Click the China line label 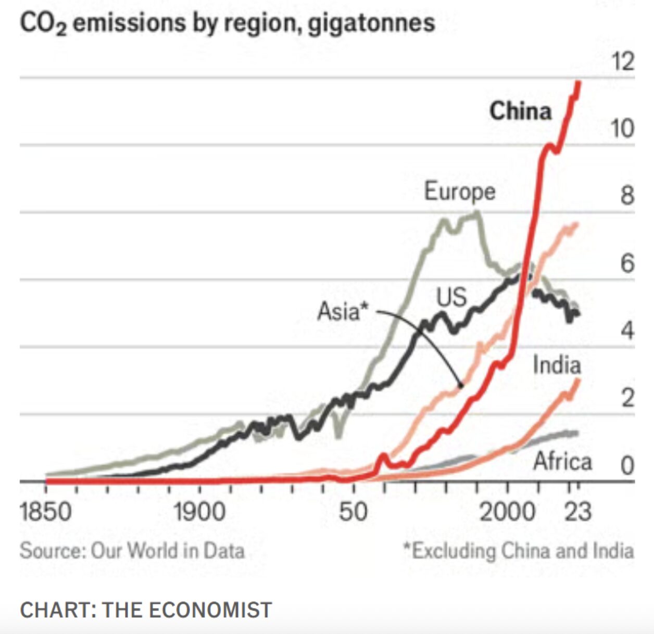(x=520, y=111)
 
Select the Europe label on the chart (x=459, y=192)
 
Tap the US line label (x=451, y=297)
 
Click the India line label (x=557, y=365)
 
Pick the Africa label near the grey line (x=562, y=462)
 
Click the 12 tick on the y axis (x=623, y=62)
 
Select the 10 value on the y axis (x=622, y=129)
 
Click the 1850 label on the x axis (x=45, y=512)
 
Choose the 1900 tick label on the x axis (x=199, y=512)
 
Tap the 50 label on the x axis (x=354, y=512)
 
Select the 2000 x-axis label (x=507, y=512)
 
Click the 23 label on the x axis (x=578, y=512)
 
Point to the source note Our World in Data (x=167, y=551)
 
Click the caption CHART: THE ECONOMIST (x=146, y=610)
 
